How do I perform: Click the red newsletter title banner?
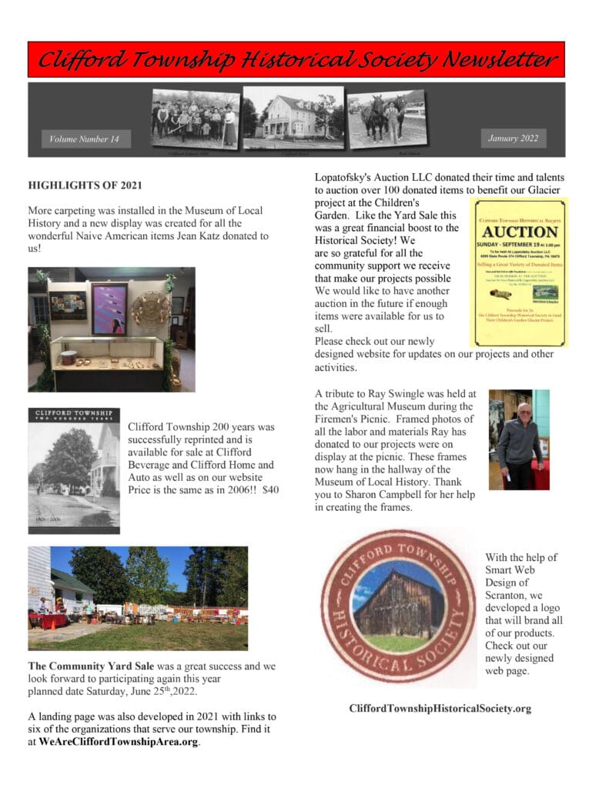point(296,59)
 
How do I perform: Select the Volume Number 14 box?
point(85,139)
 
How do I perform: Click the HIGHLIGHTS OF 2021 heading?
point(85,185)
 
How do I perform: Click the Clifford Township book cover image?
point(74,470)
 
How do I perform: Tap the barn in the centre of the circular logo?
point(399,604)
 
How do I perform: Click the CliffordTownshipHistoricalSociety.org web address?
point(440,709)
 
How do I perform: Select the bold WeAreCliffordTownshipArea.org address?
point(119,743)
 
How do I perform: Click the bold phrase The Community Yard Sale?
point(91,666)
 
